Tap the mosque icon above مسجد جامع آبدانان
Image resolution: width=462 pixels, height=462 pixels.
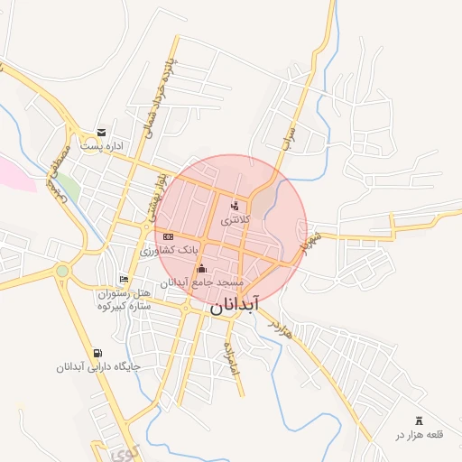click(201, 268)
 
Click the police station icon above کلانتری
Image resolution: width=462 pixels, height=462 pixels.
click(236, 206)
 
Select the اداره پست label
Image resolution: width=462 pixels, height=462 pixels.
click(101, 146)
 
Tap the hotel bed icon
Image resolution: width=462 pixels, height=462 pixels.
click(124, 280)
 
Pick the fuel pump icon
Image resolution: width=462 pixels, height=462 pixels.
click(97, 354)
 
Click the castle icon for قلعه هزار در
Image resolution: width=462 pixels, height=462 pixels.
click(418, 420)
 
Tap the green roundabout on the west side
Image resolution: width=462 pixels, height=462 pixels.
click(62, 270)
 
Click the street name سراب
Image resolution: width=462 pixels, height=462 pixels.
click(290, 137)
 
